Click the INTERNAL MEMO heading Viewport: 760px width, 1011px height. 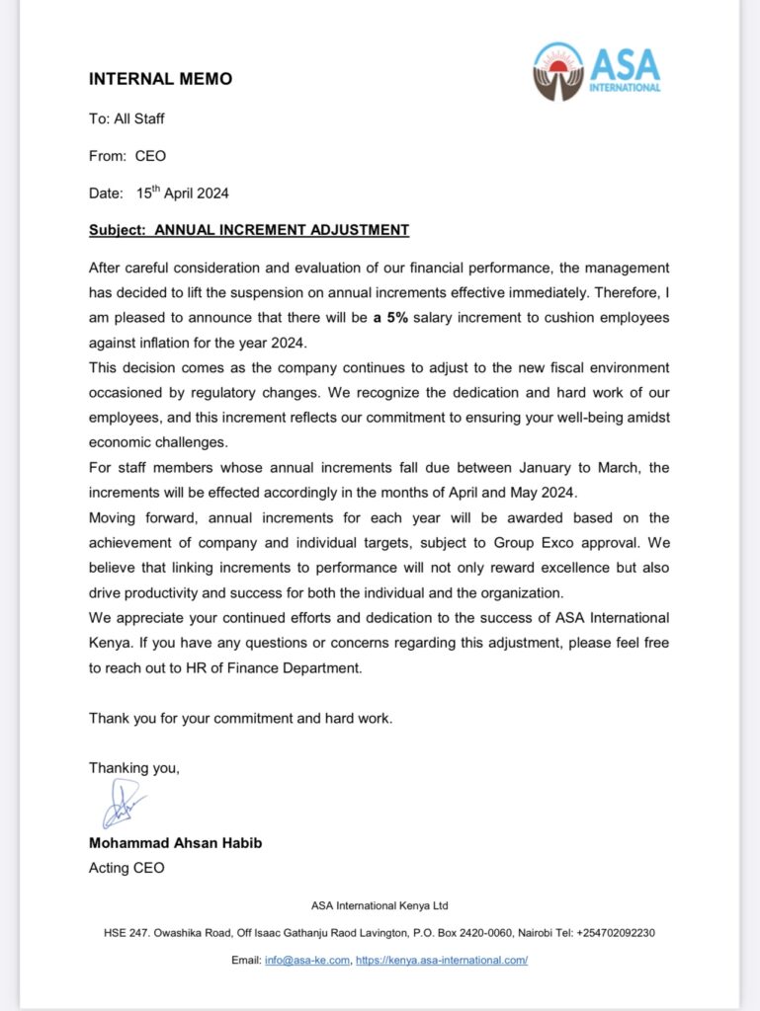point(160,79)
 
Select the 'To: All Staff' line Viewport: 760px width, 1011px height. point(127,118)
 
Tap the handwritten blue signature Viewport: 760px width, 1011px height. point(121,803)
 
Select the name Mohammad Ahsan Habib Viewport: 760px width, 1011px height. point(176,845)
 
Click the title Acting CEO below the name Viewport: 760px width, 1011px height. point(127,868)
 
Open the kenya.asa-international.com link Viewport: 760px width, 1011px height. point(442,960)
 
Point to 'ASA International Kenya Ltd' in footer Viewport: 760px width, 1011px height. point(380,905)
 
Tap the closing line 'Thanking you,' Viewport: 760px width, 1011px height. point(134,767)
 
